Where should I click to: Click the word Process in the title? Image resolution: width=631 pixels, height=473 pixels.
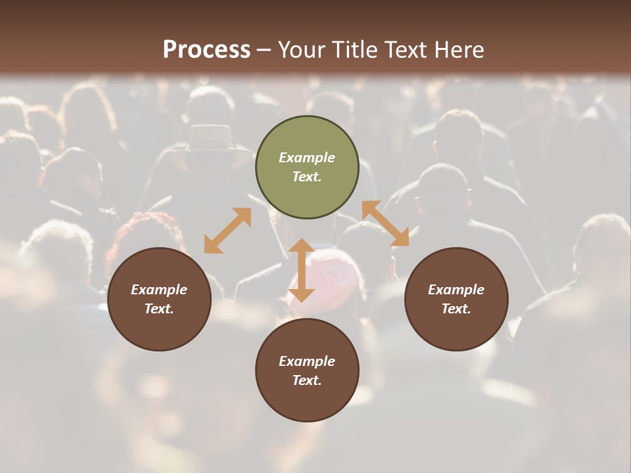click(206, 50)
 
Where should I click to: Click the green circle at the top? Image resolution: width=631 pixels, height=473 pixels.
click(307, 138)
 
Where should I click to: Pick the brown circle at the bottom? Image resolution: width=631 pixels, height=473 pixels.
click(307, 401)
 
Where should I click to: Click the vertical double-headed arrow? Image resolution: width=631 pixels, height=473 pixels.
click(302, 270)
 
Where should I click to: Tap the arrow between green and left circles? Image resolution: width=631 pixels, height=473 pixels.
click(227, 231)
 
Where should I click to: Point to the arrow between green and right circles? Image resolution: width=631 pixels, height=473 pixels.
click(385, 223)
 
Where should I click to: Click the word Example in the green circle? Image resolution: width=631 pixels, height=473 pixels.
click(307, 158)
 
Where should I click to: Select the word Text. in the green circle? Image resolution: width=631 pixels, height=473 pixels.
click(307, 177)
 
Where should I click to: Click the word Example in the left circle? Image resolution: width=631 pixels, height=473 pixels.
click(159, 290)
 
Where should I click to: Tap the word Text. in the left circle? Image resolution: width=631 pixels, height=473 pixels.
click(159, 309)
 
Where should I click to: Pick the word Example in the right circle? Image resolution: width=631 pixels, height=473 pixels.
click(456, 290)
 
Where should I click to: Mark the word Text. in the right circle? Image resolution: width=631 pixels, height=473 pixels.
click(456, 309)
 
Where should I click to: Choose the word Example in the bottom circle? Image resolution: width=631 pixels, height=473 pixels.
click(307, 361)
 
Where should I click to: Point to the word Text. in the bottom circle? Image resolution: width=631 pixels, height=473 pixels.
click(307, 380)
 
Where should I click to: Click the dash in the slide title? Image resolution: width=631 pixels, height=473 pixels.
click(264, 51)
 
